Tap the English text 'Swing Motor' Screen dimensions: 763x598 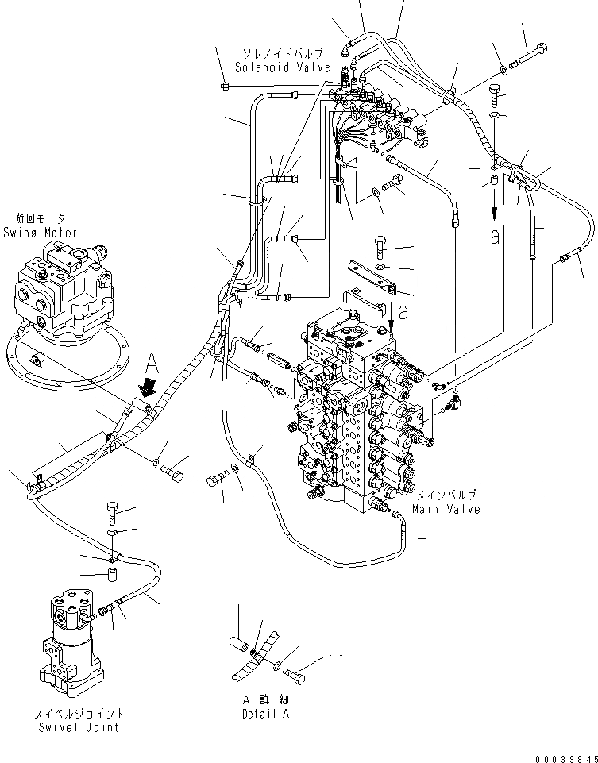(41, 233)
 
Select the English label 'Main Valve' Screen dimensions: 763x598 (446, 509)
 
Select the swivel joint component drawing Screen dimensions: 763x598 (68, 639)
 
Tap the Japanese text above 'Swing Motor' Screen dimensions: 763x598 (41, 218)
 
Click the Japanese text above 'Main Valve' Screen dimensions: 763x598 (446, 495)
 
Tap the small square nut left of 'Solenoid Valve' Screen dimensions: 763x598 (225, 84)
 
